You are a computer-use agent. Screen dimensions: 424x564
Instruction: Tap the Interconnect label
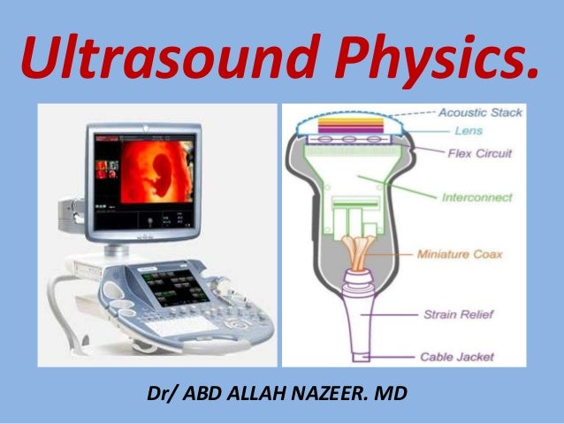coord(476,198)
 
